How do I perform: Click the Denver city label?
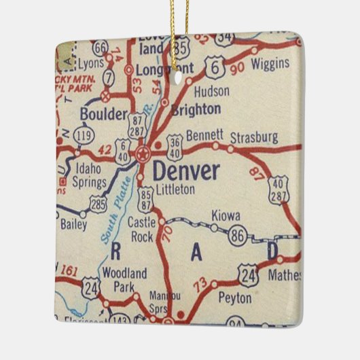[x=185, y=170]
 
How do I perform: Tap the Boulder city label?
[x=103, y=114]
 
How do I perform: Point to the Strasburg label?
[x=253, y=138]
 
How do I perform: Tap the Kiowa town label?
[x=225, y=215]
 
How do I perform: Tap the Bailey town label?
[x=73, y=223]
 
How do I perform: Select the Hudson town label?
[x=211, y=91]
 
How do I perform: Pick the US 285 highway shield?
[x=97, y=202]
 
